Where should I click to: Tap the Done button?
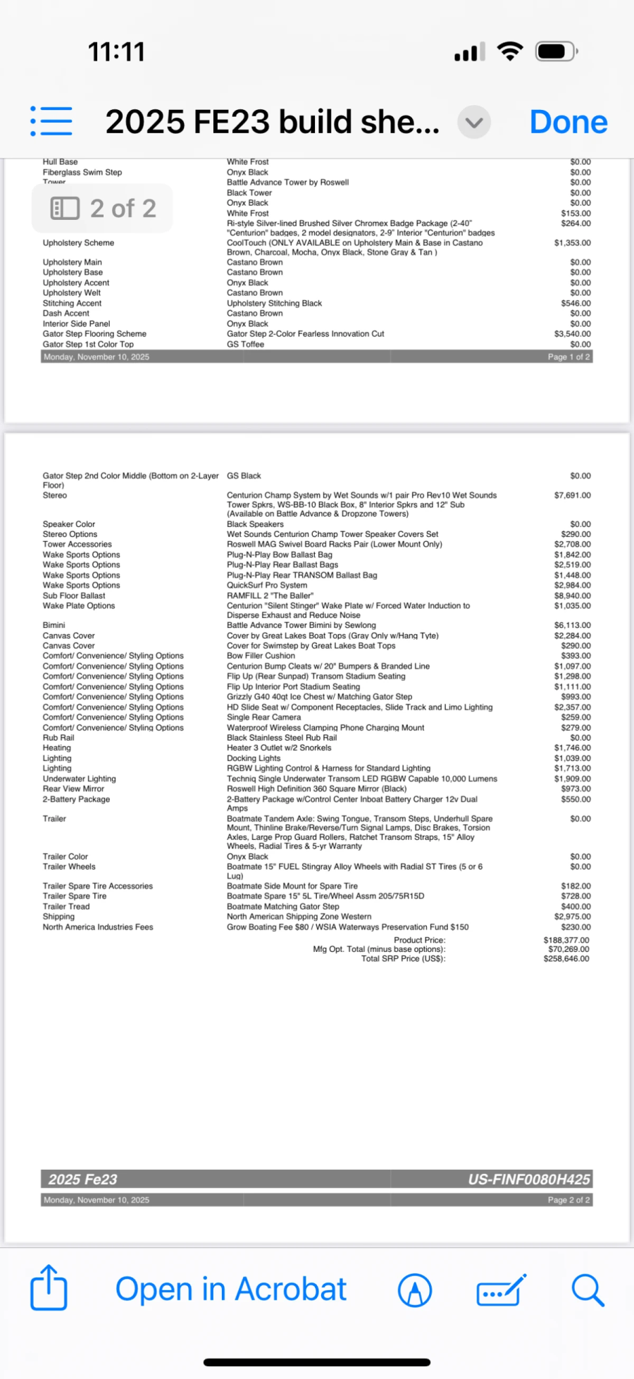click(568, 122)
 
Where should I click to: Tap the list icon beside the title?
click(51, 121)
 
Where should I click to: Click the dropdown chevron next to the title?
click(474, 123)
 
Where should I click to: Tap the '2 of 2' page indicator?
click(103, 209)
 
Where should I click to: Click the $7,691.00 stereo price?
click(572, 495)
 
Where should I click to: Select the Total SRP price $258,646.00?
click(566, 958)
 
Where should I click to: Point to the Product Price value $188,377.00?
click(566, 940)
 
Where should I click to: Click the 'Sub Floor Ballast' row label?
click(74, 595)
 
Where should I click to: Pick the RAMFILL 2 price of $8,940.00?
click(572, 595)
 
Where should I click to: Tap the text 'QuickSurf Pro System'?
click(267, 585)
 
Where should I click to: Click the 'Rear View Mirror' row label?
click(73, 789)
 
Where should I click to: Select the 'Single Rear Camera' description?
click(263, 717)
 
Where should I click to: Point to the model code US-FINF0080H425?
click(529, 1180)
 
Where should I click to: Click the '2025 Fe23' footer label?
click(82, 1180)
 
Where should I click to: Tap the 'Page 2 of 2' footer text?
click(568, 1200)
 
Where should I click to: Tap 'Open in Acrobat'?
click(230, 1290)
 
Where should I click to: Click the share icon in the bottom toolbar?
click(49, 1288)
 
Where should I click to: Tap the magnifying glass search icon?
click(587, 1290)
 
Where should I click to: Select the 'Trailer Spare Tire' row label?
click(75, 896)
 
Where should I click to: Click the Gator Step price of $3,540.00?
click(572, 334)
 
